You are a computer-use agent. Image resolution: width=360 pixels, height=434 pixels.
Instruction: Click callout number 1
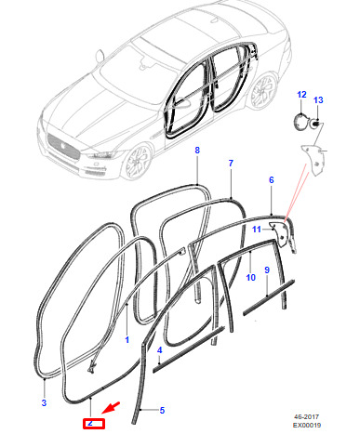[x=127, y=340]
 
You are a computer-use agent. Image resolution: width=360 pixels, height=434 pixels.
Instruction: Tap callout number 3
[x=44, y=403]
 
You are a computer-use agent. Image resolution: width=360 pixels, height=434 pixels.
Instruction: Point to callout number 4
[x=159, y=350]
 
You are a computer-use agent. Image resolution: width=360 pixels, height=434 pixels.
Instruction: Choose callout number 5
[x=162, y=411]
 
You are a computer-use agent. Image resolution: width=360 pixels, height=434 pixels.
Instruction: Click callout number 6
[x=272, y=180]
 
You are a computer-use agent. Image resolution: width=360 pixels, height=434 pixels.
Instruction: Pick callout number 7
[x=231, y=164]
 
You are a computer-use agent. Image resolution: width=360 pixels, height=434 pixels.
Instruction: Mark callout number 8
[x=197, y=151]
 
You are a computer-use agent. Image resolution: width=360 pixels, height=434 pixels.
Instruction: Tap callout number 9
[x=267, y=270]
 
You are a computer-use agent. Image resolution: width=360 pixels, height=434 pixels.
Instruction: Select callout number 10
[x=250, y=278]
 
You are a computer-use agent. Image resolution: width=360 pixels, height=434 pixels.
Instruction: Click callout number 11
[x=257, y=230]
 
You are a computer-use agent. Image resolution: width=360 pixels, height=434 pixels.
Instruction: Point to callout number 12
[x=301, y=95]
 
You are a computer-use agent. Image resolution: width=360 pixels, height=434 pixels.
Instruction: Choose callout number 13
[x=318, y=100]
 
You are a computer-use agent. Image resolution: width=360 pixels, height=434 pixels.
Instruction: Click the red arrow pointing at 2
[x=111, y=408]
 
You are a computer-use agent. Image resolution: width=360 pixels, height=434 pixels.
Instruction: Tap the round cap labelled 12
[x=300, y=121]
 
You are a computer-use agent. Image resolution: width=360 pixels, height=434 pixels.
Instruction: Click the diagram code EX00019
[x=307, y=425]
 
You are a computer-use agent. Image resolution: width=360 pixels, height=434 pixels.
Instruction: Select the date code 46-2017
[x=306, y=417]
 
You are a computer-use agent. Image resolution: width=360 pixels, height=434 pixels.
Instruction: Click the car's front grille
[x=63, y=147]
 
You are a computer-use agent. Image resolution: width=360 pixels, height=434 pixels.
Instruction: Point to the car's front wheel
[x=138, y=162]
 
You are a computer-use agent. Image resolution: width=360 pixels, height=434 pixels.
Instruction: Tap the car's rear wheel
[x=264, y=91]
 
